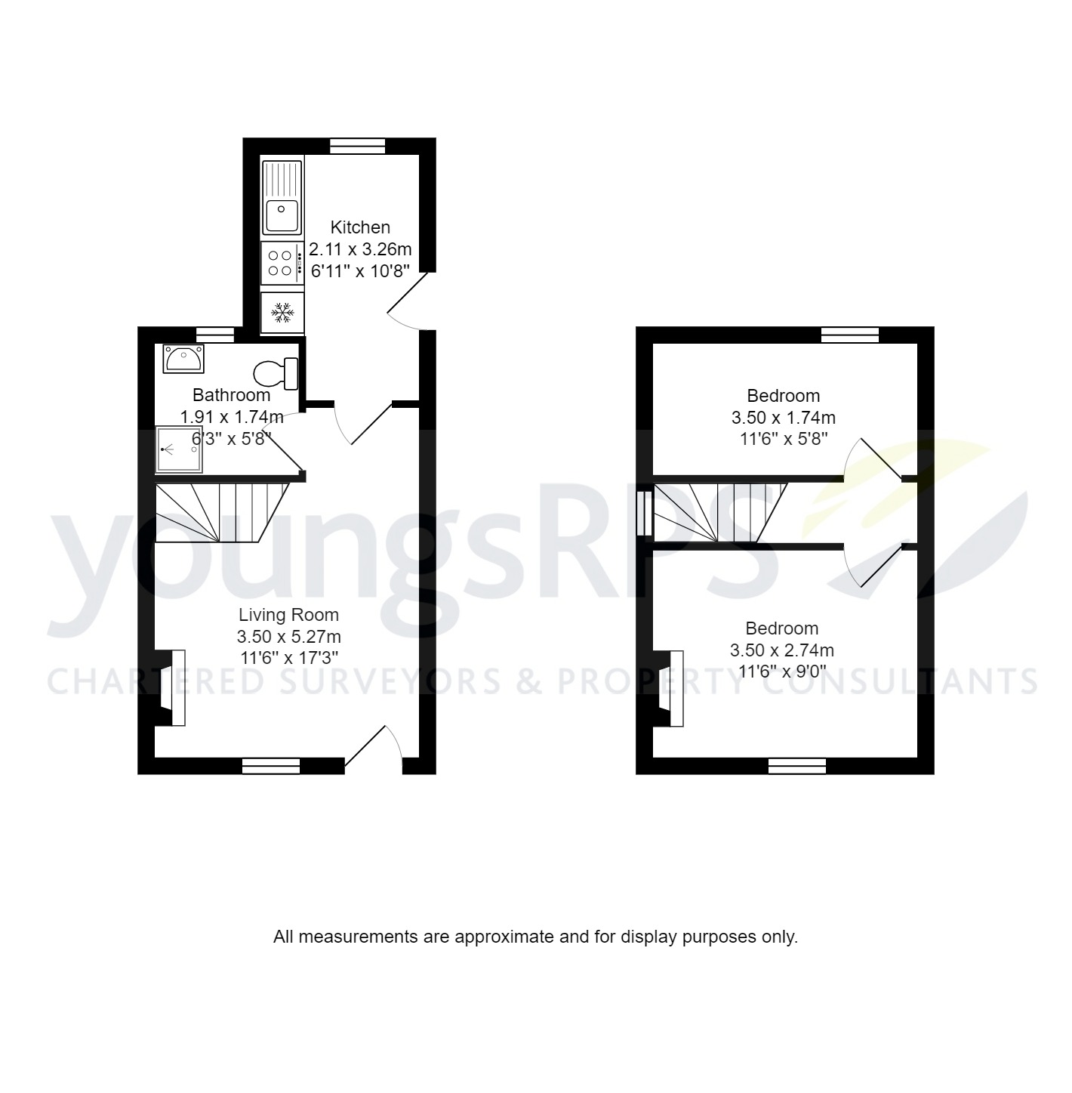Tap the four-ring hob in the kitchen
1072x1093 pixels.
pos(282,263)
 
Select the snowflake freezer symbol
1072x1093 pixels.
pos(282,313)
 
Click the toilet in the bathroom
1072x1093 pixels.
pos(276,372)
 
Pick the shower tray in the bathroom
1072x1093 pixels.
pos(179,449)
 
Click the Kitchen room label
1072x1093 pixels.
pos(361,227)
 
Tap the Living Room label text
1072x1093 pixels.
pos(288,615)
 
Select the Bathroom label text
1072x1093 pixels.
pos(231,395)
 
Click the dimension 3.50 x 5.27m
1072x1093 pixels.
pos(288,637)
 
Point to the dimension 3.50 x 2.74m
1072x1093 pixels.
pos(782,650)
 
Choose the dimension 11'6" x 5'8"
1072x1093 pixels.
pos(784,439)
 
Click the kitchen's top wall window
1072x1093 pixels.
pos(358,147)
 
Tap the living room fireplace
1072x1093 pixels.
pos(170,687)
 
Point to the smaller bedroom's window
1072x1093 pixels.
pos(850,335)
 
